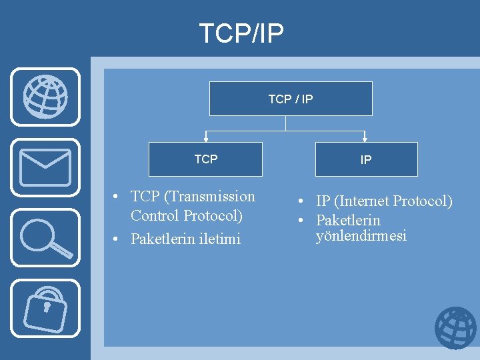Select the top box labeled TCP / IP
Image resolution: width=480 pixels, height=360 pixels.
tap(291, 99)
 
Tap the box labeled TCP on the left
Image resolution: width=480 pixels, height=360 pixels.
tap(205, 159)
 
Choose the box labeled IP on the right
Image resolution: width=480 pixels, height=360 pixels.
tap(366, 160)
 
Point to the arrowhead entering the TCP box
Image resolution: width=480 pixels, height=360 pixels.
tap(206, 139)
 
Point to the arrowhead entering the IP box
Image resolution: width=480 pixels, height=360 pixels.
tap(365, 139)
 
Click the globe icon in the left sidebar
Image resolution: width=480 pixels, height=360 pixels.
tap(45, 97)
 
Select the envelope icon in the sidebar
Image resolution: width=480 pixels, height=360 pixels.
tap(45, 167)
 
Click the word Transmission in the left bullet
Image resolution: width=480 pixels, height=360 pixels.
tap(210, 197)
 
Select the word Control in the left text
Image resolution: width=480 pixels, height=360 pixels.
tap(155, 216)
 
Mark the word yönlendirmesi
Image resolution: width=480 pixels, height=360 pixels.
tap(361, 236)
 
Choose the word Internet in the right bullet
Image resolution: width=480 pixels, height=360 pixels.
tap(363, 201)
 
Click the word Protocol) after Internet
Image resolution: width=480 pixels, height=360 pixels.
tap(423, 201)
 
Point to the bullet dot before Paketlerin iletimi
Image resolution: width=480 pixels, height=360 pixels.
tap(116, 239)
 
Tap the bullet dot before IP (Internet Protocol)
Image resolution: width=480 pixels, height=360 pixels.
tap(301, 201)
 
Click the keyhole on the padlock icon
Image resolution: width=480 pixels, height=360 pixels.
tap(46, 307)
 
